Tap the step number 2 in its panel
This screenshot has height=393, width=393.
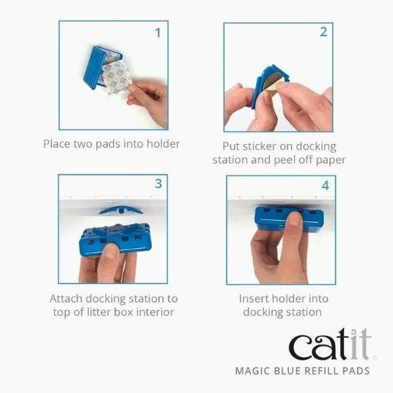323,32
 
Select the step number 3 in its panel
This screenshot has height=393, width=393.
158,184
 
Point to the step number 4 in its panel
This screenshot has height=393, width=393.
325,185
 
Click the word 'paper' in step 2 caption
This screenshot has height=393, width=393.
330,160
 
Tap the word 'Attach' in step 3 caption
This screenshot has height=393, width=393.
67,299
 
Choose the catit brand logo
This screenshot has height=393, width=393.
328,346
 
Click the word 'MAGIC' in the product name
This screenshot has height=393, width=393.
253,371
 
